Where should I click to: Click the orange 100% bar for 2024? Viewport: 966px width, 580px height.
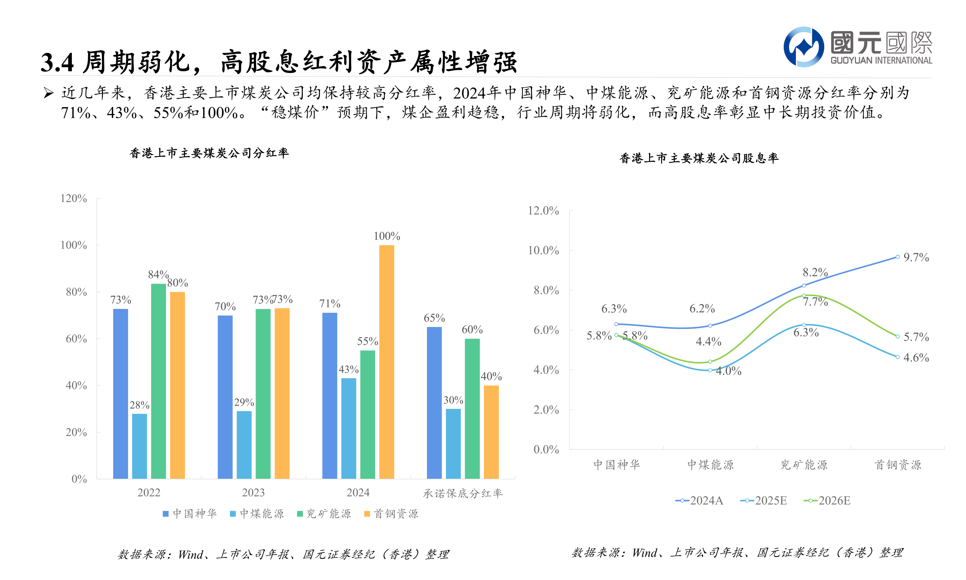(x=386, y=361)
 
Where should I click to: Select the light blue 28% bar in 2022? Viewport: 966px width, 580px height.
(x=139, y=446)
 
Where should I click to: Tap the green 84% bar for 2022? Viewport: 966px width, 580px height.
(x=158, y=381)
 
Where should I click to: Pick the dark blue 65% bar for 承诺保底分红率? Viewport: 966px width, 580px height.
(x=434, y=403)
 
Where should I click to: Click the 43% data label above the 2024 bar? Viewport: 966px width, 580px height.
(x=348, y=369)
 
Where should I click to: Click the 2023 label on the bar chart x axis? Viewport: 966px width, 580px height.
(x=253, y=492)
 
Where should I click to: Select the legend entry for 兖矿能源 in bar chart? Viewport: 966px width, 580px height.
(x=324, y=514)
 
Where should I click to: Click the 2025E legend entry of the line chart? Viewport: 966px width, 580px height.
(x=763, y=501)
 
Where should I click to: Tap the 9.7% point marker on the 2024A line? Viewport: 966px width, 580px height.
(x=897, y=257)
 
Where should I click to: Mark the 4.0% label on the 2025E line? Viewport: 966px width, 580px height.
(x=728, y=371)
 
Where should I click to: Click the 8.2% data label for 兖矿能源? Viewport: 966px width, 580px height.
(x=815, y=272)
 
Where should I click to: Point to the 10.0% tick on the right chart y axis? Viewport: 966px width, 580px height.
(x=543, y=251)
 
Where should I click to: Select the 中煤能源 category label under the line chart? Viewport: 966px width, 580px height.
(x=710, y=465)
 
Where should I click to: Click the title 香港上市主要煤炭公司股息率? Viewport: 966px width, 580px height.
(x=699, y=158)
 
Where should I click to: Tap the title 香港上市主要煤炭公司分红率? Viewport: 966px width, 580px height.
(x=209, y=153)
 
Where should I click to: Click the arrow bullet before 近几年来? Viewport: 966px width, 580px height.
(x=48, y=93)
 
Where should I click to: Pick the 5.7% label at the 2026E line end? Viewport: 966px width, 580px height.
(x=916, y=337)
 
